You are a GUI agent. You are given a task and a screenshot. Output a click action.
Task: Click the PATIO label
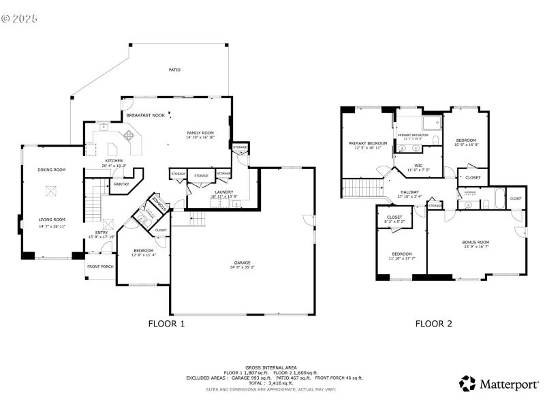(174, 70)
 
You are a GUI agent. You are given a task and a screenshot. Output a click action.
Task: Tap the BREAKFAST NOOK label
(145, 116)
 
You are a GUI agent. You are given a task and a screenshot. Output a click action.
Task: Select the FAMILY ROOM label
(200, 132)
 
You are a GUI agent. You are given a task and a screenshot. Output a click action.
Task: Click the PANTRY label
(121, 184)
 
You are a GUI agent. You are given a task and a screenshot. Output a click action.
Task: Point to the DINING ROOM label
(51, 170)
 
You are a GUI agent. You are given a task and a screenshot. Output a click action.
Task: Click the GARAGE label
(242, 262)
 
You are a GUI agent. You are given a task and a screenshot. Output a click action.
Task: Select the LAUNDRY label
(224, 192)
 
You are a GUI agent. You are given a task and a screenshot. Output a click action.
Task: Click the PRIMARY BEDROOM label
(368, 143)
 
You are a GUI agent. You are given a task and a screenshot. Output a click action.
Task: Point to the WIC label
(419, 166)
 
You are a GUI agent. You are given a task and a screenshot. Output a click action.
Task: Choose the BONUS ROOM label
(476, 242)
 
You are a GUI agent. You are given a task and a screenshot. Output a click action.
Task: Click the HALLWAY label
(409, 192)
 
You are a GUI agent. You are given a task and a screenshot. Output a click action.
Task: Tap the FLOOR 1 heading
(167, 324)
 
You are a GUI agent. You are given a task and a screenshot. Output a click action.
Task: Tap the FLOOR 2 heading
(434, 324)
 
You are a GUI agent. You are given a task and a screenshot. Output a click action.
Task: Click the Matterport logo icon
(467, 383)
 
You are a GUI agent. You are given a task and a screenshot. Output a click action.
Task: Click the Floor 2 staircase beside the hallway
(362, 187)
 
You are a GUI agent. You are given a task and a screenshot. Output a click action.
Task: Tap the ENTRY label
(102, 232)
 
